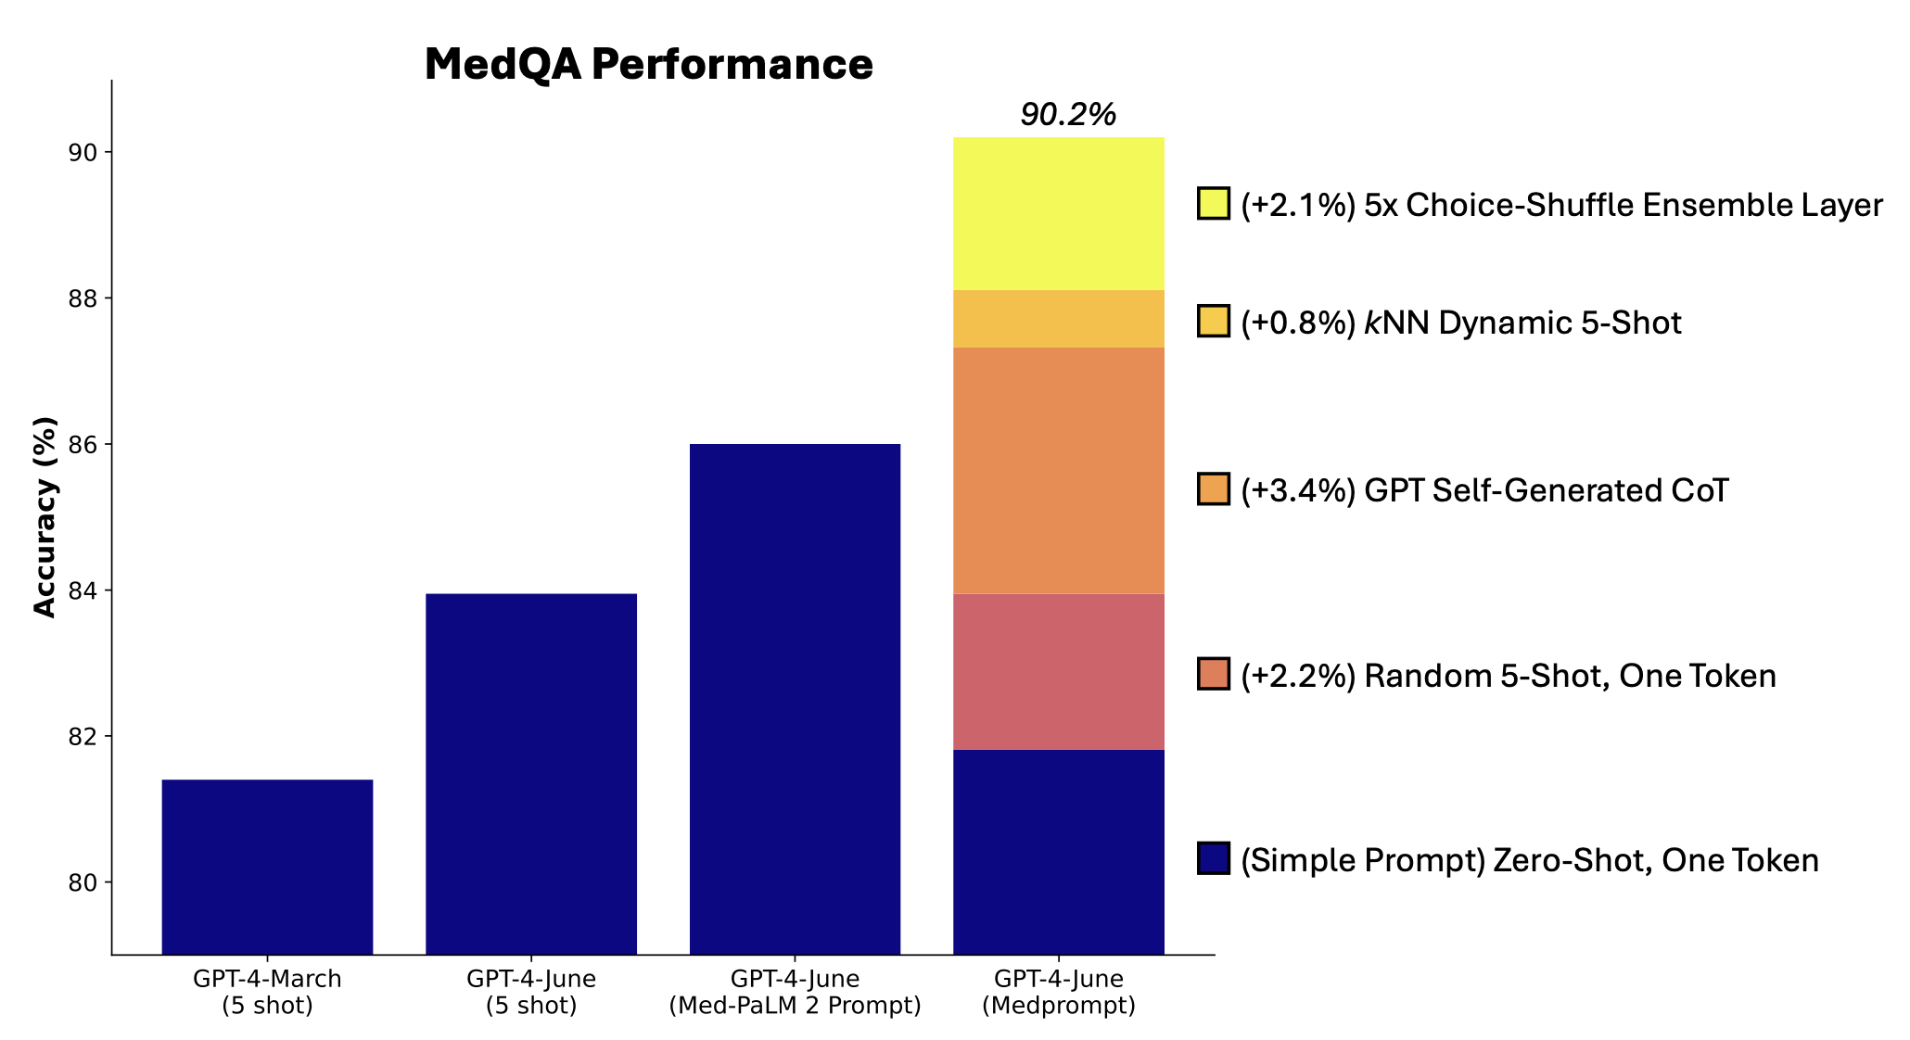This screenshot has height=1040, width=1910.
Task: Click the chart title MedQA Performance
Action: [648, 65]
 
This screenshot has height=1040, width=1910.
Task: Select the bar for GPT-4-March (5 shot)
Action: [267, 867]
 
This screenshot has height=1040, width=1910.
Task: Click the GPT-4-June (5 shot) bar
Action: [530, 774]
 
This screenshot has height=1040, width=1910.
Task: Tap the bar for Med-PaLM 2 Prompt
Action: [795, 700]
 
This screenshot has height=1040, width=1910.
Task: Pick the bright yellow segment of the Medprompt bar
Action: [1058, 214]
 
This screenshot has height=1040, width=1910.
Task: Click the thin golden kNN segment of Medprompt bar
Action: [1058, 319]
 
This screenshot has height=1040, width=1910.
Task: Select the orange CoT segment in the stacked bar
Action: [1058, 471]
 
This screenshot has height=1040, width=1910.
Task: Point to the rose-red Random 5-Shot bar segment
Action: [1058, 672]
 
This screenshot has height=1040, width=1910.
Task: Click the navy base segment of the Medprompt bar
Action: [1058, 852]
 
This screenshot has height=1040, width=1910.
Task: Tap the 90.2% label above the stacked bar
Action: [1068, 115]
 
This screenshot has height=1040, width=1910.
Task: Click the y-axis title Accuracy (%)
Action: [45, 516]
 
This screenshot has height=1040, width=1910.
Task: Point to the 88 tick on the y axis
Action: [83, 298]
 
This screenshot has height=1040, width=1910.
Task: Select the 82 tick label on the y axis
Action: [83, 737]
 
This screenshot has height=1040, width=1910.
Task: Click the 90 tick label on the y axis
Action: [83, 153]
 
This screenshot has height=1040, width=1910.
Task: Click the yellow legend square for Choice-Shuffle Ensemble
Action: [1213, 203]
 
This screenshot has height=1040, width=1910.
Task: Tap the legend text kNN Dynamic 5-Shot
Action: [1522, 323]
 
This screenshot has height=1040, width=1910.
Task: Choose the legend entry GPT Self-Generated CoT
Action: [1484, 490]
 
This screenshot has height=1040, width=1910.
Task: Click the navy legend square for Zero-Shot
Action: [1213, 858]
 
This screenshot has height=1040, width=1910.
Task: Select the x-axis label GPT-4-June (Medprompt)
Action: [1058, 992]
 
